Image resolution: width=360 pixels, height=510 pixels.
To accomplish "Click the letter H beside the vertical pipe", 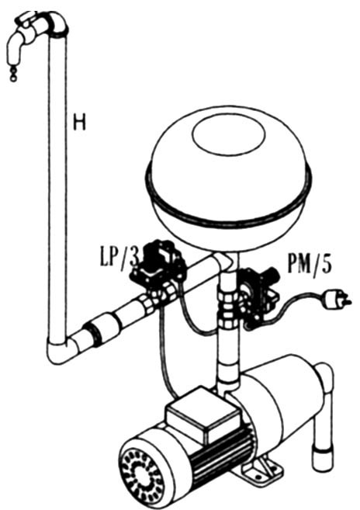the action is [x=79, y=122].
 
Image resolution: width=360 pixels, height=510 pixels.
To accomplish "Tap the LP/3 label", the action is [x=119, y=258].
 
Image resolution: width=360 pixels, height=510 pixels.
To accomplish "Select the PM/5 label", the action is [x=310, y=264].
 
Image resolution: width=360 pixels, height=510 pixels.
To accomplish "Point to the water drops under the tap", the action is [x=13, y=74].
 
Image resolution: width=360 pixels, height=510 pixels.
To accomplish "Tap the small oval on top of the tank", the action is [x=228, y=134].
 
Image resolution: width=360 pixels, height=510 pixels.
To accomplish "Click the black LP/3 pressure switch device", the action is [x=158, y=264].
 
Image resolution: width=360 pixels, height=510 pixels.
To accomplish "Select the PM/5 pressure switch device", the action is [x=259, y=293].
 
